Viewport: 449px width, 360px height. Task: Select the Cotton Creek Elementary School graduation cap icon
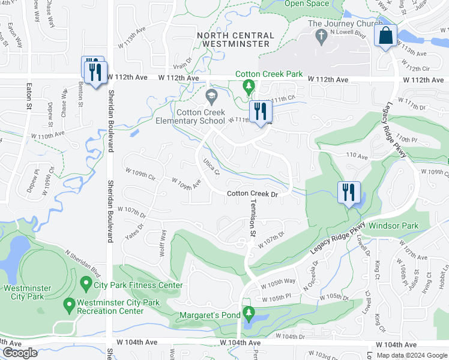pos(211,96)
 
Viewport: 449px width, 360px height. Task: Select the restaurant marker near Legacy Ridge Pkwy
pos(348,193)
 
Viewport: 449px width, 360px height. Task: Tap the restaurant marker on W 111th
pos(260,112)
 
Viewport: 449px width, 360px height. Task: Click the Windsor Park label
pos(393,226)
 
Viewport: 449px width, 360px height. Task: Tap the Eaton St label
pos(28,97)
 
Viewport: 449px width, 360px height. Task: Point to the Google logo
pos(20,353)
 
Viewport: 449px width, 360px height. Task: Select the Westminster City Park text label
pos(24,292)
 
